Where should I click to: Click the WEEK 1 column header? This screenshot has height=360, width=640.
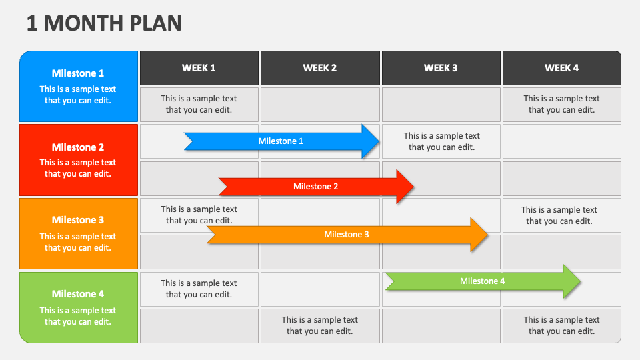[199, 68]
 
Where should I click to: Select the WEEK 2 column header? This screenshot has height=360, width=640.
[320, 68]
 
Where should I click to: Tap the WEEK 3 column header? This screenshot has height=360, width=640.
[441, 68]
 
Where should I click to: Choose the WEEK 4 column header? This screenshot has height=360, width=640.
[561, 68]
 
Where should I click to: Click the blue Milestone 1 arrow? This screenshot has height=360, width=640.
[281, 141]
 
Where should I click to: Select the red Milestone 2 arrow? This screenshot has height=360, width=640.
[316, 187]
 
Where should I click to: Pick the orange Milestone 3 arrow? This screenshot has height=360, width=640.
[346, 235]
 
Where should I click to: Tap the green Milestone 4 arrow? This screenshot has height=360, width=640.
[482, 281]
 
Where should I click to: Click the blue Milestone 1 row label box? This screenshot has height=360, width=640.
[79, 87]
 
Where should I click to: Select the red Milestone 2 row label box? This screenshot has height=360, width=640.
[79, 160]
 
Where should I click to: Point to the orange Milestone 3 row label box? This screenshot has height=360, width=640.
[79, 233]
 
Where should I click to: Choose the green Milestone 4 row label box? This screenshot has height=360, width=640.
[79, 307]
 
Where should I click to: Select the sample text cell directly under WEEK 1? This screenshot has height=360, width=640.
[199, 104]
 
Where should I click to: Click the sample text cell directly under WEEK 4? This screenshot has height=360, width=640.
[561, 104]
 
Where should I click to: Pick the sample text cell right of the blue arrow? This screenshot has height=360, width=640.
[441, 141]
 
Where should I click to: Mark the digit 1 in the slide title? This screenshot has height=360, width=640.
[32, 23]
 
